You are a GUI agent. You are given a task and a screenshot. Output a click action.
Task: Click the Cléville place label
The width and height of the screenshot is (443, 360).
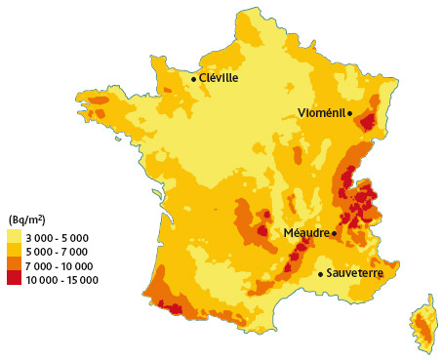pos(219,78)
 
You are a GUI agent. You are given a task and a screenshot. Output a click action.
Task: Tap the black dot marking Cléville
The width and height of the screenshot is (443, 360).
pos(193,78)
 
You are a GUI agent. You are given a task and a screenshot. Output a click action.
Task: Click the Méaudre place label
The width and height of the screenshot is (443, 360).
pos(306,233)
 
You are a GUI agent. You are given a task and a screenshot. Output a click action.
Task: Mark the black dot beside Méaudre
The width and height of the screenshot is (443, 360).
pos(334,233)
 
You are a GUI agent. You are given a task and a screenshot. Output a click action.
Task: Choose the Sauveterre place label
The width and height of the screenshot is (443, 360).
pos(354,274)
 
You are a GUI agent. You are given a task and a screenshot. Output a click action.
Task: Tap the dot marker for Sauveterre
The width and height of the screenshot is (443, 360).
pos(320,274)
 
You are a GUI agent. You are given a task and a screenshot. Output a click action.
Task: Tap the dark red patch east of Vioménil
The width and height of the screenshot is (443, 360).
pos(367,122)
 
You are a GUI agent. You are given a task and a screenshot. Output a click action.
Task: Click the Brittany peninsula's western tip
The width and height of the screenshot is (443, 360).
pos(90,110)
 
